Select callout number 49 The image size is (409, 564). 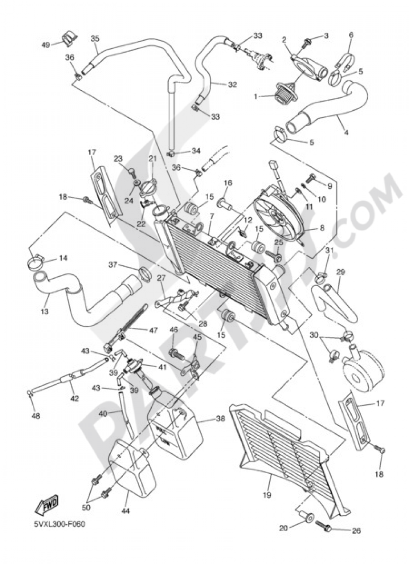coord(46,45)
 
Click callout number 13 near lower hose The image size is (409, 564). coord(45,311)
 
